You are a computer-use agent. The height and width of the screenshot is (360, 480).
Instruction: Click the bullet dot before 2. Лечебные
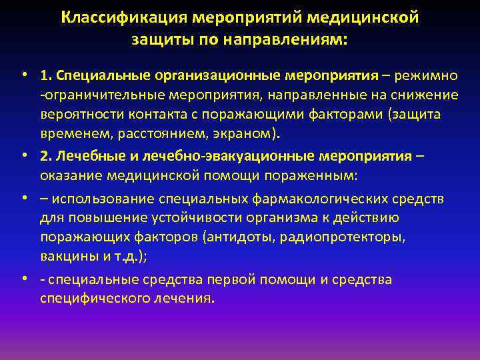(x=23, y=154)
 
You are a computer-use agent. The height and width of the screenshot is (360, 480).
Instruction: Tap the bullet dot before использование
(x=23, y=197)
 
